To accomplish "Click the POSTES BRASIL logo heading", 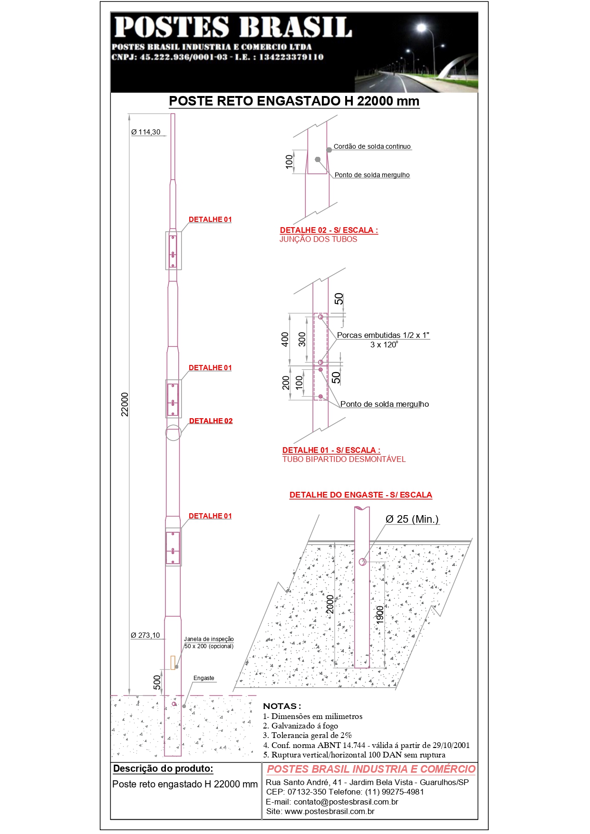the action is coord(233,27).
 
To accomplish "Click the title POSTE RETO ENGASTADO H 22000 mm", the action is coord(294,101).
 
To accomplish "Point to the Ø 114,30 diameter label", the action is coord(145,132).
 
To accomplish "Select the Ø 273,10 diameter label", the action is coord(145,635).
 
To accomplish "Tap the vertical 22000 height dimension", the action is coord(125,404).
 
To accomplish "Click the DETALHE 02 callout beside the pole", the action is coord(211,421).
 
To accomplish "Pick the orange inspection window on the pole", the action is coord(173,662).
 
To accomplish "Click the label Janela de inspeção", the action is coord(209,639).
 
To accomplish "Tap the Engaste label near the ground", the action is coord(204,678).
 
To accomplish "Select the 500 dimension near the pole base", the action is coord(157,682).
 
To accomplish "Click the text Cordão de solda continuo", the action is coord(372,146).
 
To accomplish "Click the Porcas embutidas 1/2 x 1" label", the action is coord(383,335).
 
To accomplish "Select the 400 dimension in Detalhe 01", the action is coord(285,339).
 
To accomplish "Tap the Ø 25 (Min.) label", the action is coord(412,519).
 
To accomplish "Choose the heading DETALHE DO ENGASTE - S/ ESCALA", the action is coord(361,495).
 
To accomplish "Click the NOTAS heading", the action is coord(282,706).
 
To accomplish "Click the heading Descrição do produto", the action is coord(163,769).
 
